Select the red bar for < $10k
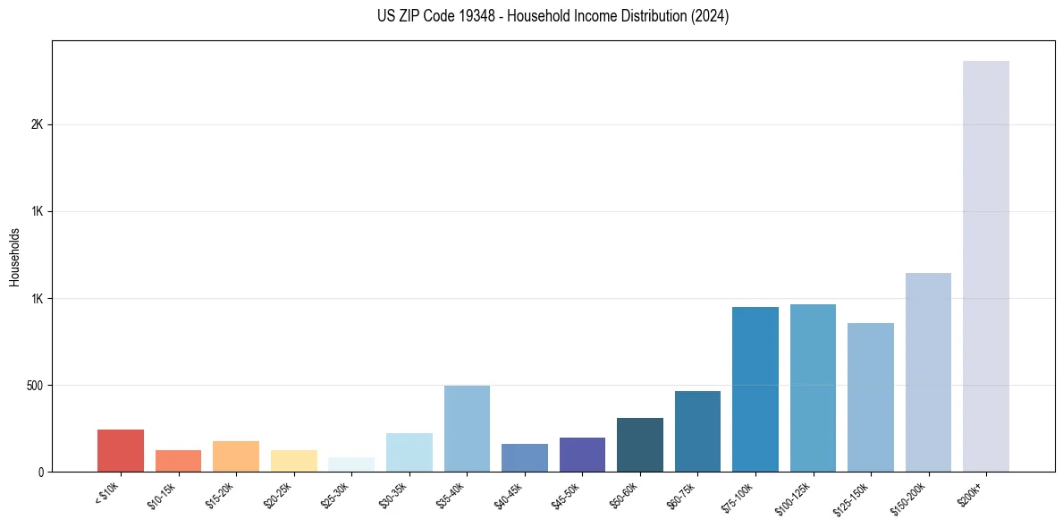[x=121, y=450]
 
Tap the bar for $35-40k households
[x=467, y=429]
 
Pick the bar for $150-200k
[x=928, y=372]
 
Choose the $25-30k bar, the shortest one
[x=351, y=464]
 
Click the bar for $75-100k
[x=755, y=389]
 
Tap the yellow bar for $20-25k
[x=293, y=461]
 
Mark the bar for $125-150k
[x=870, y=397]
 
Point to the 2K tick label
[x=37, y=125]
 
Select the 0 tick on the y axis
[x=40, y=473]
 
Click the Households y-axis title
[x=14, y=257]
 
